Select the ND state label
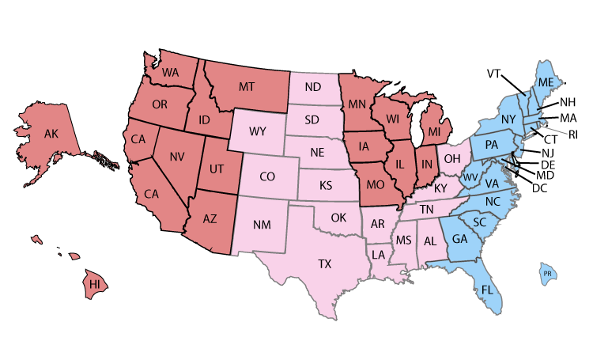[x=312, y=86]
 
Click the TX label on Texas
[x=324, y=264]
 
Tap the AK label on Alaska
[x=51, y=134]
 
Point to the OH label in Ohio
[x=451, y=159]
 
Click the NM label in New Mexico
[x=262, y=225]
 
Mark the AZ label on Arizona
[x=210, y=218]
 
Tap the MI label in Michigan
[x=434, y=131]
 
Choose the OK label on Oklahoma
[x=338, y=217]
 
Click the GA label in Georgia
[x=459, y=240]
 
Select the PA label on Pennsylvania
[x=491, y=145]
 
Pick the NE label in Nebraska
[x=317, y=152]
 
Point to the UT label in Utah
[x=216, y=169]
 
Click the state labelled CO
[x=267, y=176]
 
